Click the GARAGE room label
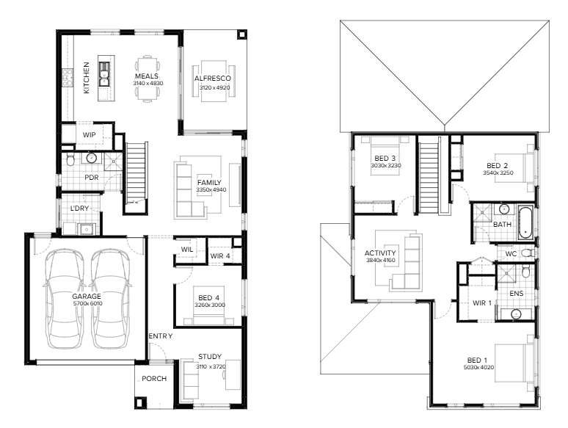point(86,297)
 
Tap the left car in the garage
point(65,299)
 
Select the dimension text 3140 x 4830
point(148,84)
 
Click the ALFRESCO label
point(213,79)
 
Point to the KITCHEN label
point(86,78)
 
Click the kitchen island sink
point(104,74)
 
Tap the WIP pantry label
point(89,135)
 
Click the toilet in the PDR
point(70,159)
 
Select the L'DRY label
point(79,208)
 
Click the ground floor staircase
point(136,174)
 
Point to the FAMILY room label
point(209,183)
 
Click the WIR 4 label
point(220,256)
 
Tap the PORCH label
point(154,379)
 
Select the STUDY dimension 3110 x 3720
point(211,367)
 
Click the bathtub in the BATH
point(525,222)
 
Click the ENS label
point(516,294)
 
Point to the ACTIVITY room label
point(380,253)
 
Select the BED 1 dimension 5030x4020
point(478,368)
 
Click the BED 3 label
point(385,159)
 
